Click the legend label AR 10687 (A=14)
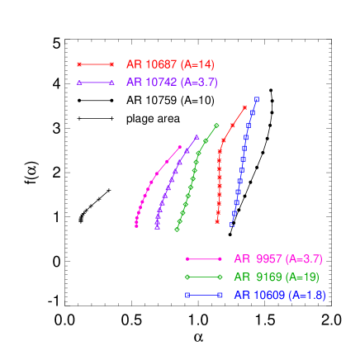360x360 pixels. point(170,64)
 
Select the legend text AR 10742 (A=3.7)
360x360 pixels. point(172,83)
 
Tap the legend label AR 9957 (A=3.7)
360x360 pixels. point(277,258)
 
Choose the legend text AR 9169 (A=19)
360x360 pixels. point(276,277)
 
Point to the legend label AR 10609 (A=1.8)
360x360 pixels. point(279,295)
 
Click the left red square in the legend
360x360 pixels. point(79,64)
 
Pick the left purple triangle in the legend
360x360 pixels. point(79,83)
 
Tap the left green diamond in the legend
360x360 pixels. point(187,277)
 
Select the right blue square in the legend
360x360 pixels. point(220,295)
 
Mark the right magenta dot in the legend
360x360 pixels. point(220,258)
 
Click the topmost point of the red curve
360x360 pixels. point(245,107)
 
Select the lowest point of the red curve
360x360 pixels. point(217,222)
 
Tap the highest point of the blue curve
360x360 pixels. point(257,99)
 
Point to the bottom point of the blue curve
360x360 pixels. point(231,225)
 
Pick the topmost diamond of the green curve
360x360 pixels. point(217,126)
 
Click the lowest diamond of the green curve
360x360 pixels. point(178,230)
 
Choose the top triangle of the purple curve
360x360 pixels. point(197,137)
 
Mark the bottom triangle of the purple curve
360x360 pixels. point(157,226)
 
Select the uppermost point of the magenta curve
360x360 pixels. point(180,147)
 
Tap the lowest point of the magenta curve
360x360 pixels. point(136,224)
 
